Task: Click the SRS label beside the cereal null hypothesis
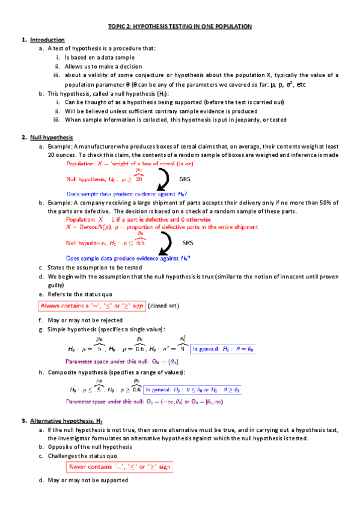point(186,179)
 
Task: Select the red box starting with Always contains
point(92,306)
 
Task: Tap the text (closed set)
point(163,306)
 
